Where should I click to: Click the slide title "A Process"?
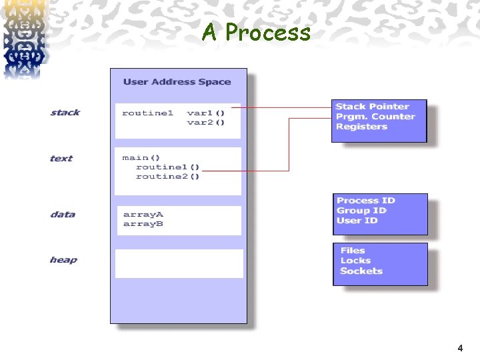click(x=256, y=32)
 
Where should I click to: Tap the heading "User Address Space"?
click(x=177, y=82)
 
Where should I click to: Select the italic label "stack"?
click(x=65, y=113)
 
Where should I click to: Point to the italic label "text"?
click(x=61, y=159)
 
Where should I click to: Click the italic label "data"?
click(x=63, y=215)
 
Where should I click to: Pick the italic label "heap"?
click(x=63, y=260)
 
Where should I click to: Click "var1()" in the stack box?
click(x=206, y=113)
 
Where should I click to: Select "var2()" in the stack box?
click(x=206, y=122)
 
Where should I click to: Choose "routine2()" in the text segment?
click(x=167, y=176)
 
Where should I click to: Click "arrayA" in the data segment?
click(x=143, y=215)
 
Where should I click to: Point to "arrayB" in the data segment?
click(x=143, y=224)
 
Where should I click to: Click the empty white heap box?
click(x=179, y=263)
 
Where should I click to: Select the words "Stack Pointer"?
click(x=372, y=107)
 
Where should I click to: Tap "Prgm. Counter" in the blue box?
click(x=375, y=117)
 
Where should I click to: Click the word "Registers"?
click(x=361, y=127)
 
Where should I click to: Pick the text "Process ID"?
click(x=366, y=201)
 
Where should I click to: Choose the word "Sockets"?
click(x=361, y=271)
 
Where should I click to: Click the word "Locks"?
click(x=355, y=261)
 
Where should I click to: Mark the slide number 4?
click(x=460, y=348)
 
